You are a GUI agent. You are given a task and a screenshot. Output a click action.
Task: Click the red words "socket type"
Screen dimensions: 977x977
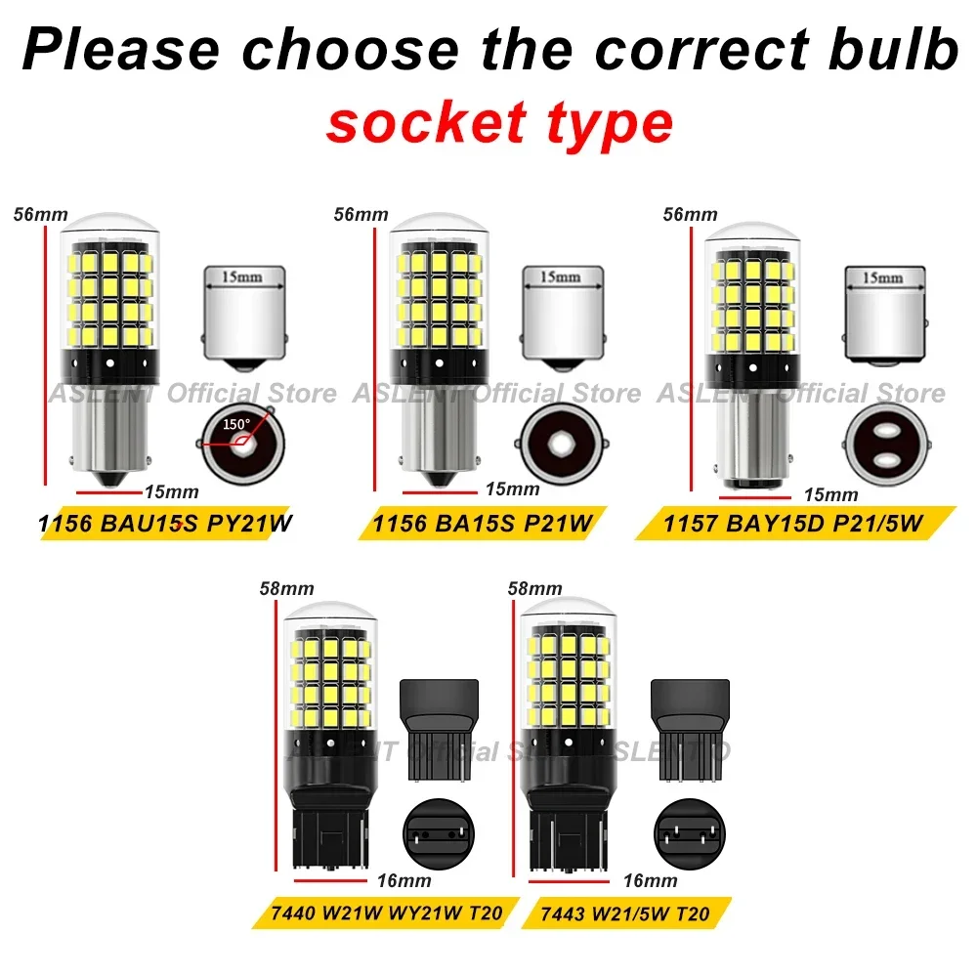(x=499, y=123)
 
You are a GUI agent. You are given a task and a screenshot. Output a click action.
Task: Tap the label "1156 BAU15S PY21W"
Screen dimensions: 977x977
(x=166, y=525)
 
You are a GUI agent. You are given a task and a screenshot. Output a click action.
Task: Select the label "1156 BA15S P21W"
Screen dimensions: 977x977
(x=482, y=525)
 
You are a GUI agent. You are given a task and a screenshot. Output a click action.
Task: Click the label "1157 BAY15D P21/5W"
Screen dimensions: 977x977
(x=792, y=525)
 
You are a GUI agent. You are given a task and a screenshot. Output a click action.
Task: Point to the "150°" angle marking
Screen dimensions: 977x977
(x=235, y=425)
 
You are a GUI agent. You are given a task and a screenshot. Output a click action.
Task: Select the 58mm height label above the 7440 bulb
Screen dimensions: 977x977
(x=287, y=589)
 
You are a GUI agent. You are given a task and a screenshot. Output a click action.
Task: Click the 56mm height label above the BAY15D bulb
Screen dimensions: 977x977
(x=691, y=214)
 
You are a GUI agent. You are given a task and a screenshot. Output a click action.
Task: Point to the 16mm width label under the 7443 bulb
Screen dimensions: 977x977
(x=650, y=880)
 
